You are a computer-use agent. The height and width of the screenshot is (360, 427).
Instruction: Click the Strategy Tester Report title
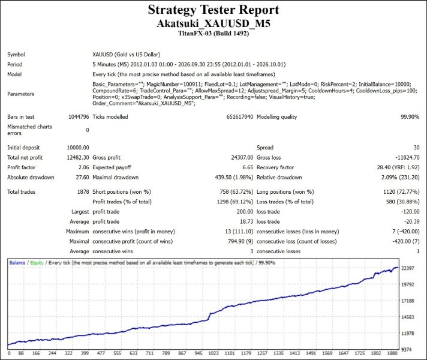(213, 10)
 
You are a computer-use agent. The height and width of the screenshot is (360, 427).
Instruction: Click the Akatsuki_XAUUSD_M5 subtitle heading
(213, 23)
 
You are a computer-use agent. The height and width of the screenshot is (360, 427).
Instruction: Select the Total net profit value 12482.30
(77, 158)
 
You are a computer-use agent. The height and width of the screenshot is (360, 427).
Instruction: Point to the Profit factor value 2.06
(83, 167)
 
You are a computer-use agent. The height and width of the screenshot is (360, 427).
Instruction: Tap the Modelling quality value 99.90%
(410, 117)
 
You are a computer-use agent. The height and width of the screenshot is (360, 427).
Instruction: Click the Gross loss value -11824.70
(407, 158)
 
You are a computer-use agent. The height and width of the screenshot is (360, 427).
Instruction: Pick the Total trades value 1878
(83, 192)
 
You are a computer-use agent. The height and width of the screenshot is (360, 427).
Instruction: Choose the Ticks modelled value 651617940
(240, 117)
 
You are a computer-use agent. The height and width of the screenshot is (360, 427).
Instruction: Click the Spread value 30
(416, 148)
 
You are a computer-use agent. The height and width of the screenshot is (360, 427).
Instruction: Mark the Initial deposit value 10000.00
(77, 148)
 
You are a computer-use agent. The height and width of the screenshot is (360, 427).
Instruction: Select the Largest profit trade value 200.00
(245, 212)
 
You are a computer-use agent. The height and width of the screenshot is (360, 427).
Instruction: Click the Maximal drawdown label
(116, 178)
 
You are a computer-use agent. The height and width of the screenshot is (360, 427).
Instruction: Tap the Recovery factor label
(275, 167)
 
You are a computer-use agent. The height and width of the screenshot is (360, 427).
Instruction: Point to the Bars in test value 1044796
(79, 117)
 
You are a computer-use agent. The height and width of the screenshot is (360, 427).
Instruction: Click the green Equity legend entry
(37, 263)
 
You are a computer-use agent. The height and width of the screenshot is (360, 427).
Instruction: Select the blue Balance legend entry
(17, 263)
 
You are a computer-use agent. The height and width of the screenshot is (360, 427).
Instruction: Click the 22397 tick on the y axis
(408, 268)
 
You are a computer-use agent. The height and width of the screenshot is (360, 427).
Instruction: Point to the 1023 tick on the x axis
(213, 353)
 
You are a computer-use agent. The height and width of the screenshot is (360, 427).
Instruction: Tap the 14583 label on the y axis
(408, 317)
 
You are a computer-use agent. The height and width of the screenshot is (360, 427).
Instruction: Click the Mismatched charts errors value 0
(88, 130)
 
